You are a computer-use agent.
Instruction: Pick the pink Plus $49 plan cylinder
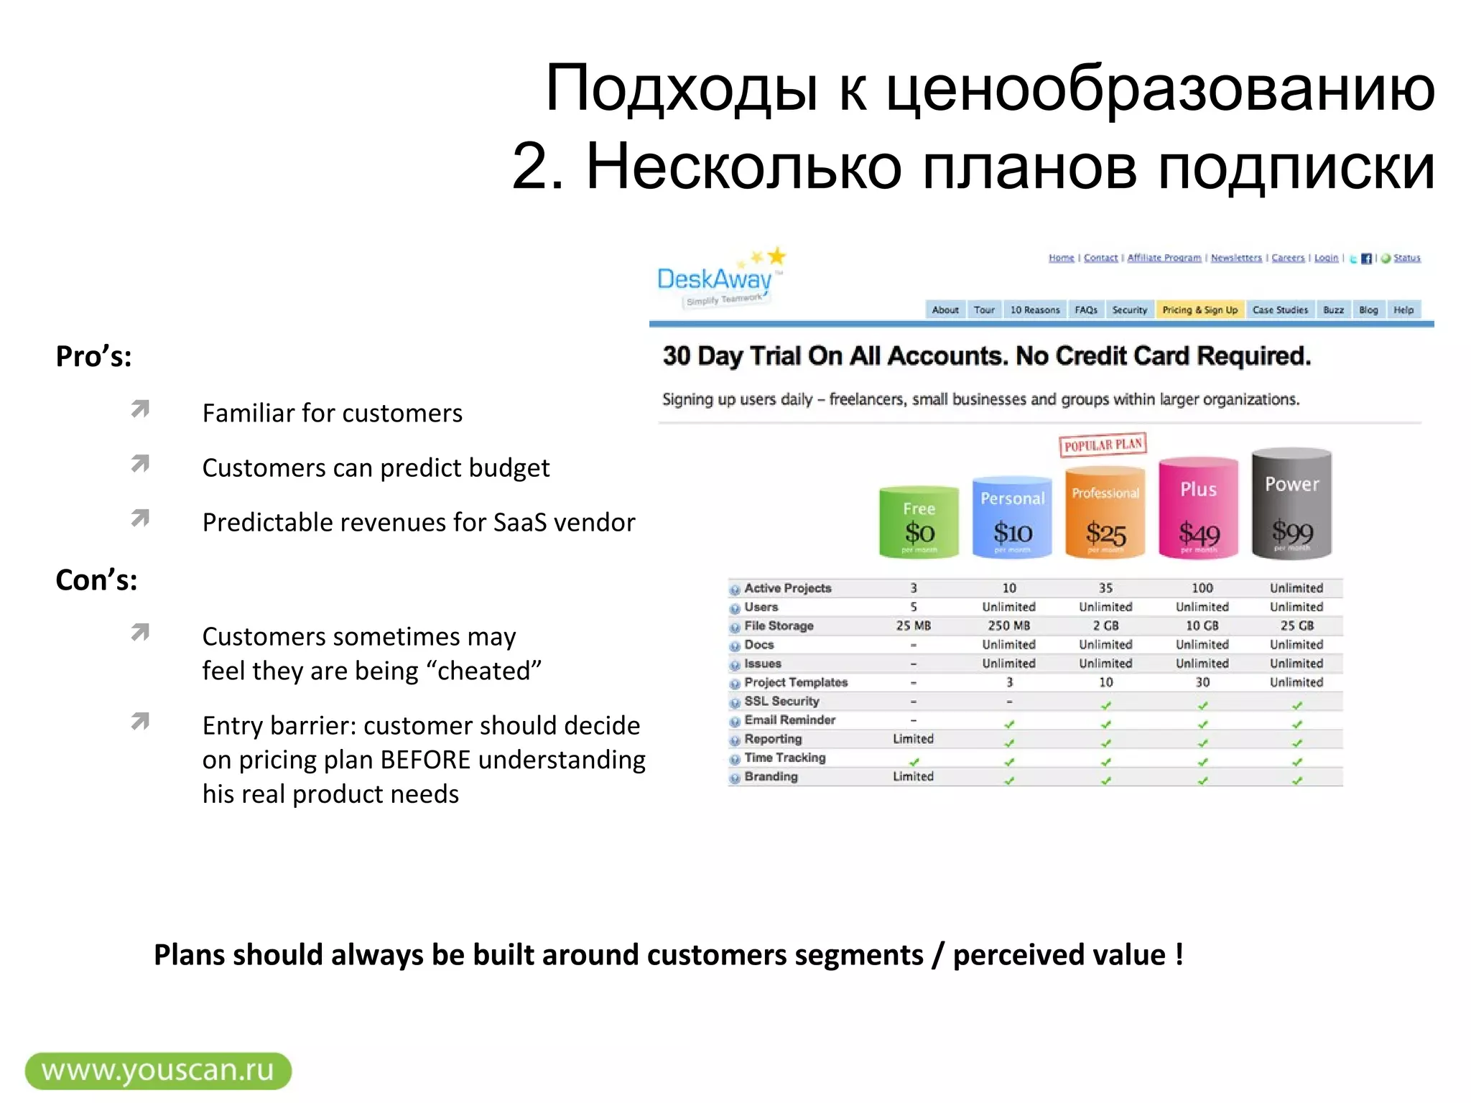click(1198, 508)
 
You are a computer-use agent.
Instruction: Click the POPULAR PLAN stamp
click(1103, 445)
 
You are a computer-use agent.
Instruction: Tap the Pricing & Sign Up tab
click(1199, 310)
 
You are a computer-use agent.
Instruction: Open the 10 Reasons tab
click(1034, 310)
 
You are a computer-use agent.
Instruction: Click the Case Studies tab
click(1280, 310)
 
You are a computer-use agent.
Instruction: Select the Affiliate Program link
click(1164, 258)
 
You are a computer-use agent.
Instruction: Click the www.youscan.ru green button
click(158, 1071)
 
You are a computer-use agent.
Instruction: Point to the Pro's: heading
click(94, 357)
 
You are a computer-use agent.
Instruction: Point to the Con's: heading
click(96, 580)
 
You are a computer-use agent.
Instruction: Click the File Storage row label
click(779, 626)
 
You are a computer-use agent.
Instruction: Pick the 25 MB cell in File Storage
click(913, 626)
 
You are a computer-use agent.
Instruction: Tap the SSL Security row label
click(781, 702)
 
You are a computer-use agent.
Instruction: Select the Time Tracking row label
click(784, 758)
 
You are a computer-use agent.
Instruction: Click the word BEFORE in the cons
click(425, 760)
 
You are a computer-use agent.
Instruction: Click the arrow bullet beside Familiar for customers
click(140, 409)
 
